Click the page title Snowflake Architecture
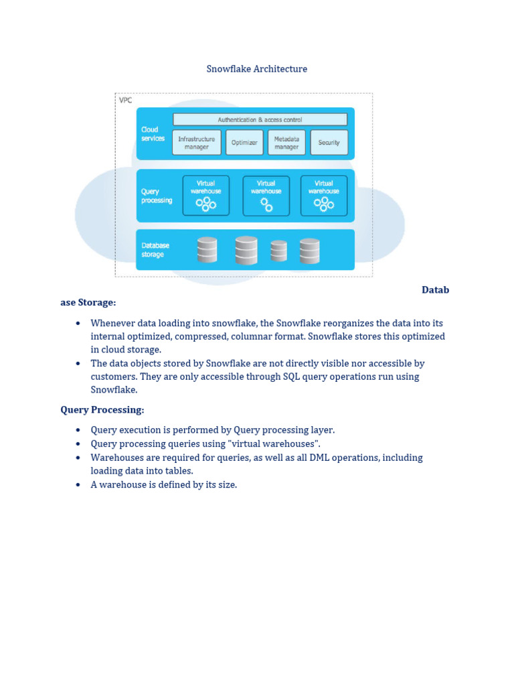point(256,69)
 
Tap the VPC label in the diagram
point(125,100)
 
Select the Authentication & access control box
point(260,119)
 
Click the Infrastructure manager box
point(196,143)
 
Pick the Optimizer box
point(244,143)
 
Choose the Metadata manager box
point(286,143)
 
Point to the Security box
point(329,143)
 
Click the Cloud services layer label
point(153,134)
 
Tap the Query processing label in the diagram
point(156,196)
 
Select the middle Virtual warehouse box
point(266,196)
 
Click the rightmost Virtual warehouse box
point(324,196)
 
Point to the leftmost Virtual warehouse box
point(206,196)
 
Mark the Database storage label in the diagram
point(155,250)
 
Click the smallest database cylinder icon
point(278,251)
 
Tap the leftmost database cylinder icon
point(207,250)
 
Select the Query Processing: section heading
point(102,409)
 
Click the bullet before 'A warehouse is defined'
point(78,484)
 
